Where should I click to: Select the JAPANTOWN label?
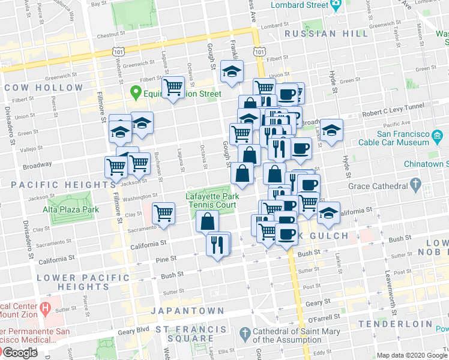187,311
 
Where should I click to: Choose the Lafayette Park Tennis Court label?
212,200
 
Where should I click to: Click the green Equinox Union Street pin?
136,92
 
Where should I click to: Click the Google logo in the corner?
20,353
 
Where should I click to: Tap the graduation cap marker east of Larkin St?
331,130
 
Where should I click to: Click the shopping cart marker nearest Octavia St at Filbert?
173,88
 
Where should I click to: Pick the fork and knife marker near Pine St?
217,244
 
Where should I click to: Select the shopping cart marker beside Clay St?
163,213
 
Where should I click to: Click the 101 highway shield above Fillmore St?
118,52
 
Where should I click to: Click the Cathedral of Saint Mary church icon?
244,333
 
